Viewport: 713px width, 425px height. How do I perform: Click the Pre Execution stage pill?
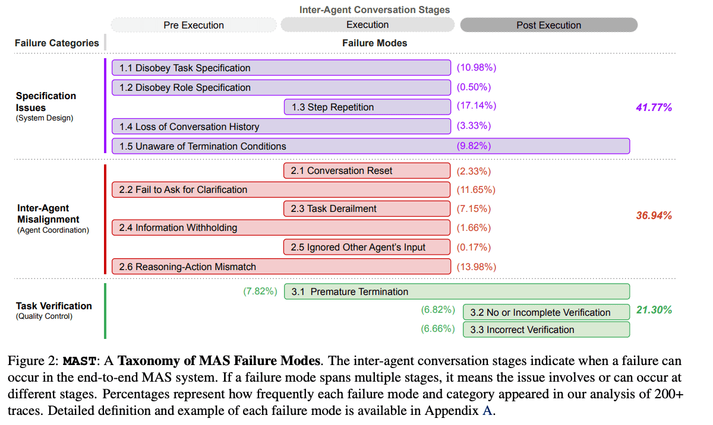tap(194, 25)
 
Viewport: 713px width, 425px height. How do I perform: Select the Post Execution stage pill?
tap(548, 25)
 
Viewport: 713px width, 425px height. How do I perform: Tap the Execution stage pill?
tap(367, 25)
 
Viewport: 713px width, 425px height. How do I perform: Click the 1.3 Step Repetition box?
tap(367, 107)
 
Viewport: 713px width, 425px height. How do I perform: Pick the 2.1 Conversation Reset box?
tap(367, 170)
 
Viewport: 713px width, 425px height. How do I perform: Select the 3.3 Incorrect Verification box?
tap(545, 329)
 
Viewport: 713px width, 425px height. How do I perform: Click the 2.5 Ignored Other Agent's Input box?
tap(367, 247)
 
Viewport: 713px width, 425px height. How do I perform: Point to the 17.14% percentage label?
tap(476, 106)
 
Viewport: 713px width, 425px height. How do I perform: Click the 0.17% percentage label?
tap(474, 247)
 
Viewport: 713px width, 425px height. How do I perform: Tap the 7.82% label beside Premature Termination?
tap(260, 291)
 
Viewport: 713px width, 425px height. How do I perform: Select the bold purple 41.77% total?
tap(654, 107)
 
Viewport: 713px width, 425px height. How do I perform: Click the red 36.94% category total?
tap(654, 215)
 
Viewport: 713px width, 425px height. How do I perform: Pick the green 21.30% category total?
tap(654, 310)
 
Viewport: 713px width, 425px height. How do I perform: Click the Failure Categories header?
tap(57, 43)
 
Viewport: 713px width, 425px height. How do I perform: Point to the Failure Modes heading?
tap(374, 43)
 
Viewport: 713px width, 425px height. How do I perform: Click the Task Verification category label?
tap(53, 306)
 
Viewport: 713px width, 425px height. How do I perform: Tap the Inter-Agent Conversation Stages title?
tap(374, 9)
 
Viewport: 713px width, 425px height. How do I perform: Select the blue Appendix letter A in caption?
tap(487, 409)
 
